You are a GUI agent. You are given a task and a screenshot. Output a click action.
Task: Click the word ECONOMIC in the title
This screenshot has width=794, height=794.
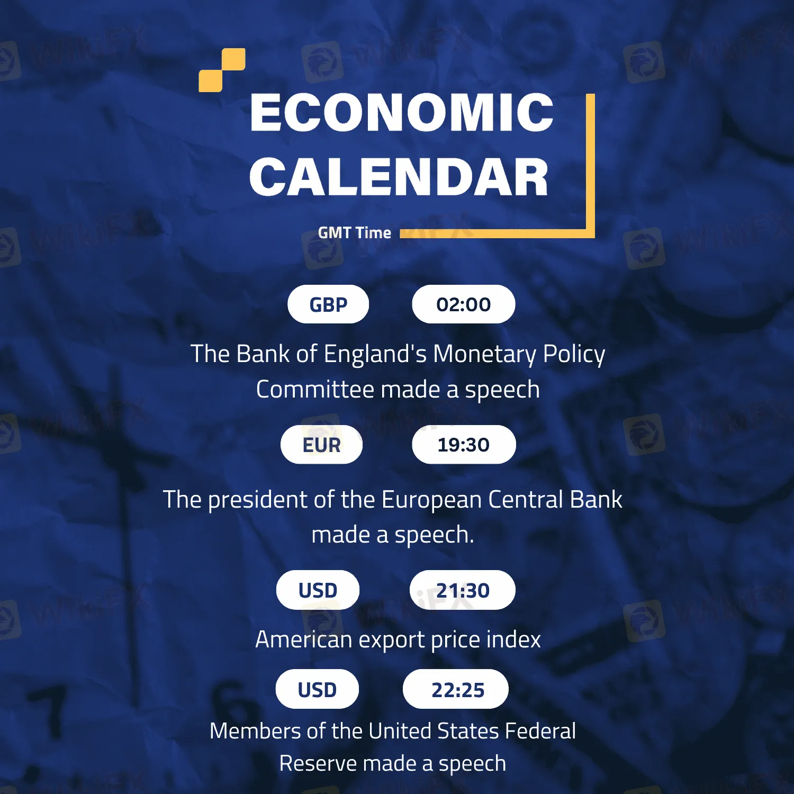click(x=402, y=112)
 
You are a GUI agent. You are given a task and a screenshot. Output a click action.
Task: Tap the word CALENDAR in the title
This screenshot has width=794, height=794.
click(x=399, y=177)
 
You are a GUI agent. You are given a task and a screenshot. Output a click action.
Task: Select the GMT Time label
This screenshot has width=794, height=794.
click(x=355, y=233)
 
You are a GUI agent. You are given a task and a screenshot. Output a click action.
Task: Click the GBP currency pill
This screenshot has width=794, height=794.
click(x=328, y=304)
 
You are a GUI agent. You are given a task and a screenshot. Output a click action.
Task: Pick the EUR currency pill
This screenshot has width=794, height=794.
click(x=321, y=445)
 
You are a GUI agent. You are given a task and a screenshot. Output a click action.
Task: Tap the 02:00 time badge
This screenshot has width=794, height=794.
click(x=464, y=304)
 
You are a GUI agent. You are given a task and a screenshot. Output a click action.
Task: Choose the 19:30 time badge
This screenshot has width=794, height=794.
click(x=464, y=445)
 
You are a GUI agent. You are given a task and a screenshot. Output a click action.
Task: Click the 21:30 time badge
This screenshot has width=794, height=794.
click(x=463, y=590)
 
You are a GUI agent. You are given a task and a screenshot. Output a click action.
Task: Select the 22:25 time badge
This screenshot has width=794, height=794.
click(x=456, y=689)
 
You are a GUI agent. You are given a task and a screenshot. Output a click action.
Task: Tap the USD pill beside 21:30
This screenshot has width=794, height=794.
click(x=318, y=590)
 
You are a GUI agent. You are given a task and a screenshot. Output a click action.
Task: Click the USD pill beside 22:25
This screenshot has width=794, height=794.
click(x=317, y=689)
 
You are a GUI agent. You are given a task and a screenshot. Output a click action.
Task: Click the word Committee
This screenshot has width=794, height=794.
click(x=315, y=390)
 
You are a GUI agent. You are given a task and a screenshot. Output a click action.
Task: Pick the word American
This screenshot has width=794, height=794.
click(x=303, y=639)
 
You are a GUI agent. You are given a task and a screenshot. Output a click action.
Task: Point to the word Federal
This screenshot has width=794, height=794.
click(x=540, y=731)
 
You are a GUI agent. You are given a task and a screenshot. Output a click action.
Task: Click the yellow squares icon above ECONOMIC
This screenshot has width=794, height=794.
click(x=222, y=70)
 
